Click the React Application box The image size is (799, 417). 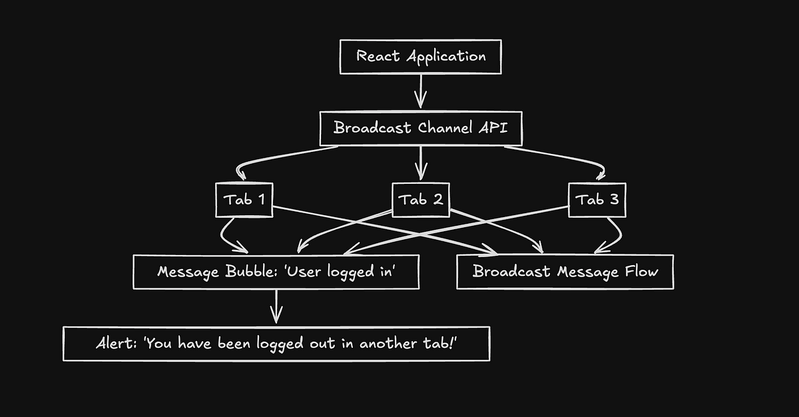(420, 56)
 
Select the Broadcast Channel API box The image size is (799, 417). (420, 128)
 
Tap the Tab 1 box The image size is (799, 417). (245, 200)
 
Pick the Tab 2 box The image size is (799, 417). (420, 200)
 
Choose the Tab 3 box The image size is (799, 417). (597, 200)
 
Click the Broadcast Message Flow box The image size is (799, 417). (565, 272)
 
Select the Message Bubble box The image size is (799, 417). (276, 272)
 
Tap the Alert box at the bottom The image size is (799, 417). (276, 344)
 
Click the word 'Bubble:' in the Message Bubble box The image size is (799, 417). (244, 272)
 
